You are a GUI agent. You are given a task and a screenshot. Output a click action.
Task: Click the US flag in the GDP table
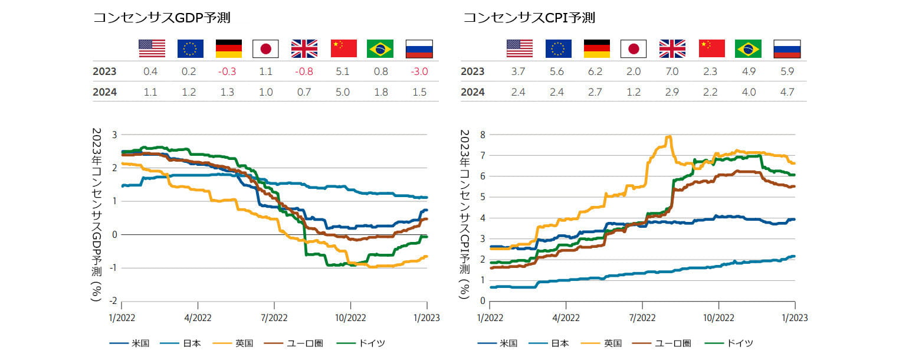[152, 48]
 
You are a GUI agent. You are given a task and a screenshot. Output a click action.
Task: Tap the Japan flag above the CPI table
[633, 48]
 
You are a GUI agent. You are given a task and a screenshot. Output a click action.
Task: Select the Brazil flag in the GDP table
[380, 48]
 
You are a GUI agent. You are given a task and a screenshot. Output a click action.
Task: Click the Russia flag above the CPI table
[786, 48]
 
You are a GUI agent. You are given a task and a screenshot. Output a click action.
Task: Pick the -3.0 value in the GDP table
[419, 71]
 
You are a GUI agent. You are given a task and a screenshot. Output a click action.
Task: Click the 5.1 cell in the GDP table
[343, 71]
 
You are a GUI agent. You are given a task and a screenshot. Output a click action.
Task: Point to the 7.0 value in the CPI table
[672, 71]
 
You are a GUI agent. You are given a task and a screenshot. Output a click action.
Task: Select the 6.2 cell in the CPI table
[596, 71]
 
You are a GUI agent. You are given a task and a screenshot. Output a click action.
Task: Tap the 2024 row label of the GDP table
[104, 92]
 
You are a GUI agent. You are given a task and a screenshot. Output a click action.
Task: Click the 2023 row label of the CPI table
[472, 71]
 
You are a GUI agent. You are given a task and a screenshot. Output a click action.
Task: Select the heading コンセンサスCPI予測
[529, 18]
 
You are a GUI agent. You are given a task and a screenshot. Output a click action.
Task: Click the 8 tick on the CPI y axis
[483, 135]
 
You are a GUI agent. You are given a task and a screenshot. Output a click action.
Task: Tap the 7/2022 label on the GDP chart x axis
[274, 318]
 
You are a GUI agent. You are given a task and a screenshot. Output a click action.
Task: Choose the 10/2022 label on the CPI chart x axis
[718, 318]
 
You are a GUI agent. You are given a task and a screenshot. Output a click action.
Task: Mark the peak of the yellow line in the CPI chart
[669, 136]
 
